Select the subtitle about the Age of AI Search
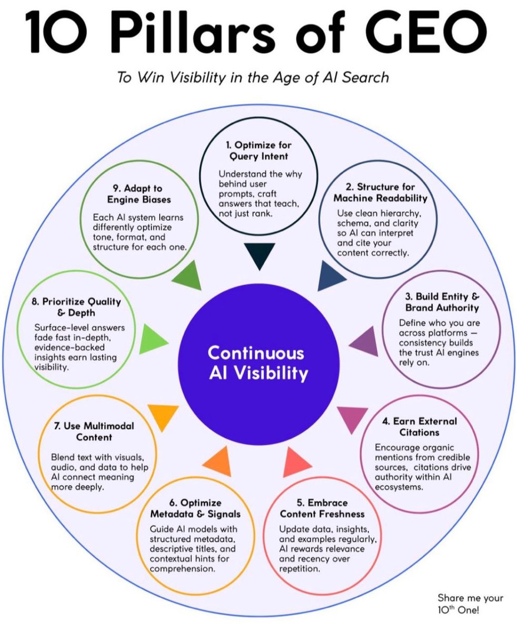tap(254, 77)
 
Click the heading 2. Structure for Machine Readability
tap(380, 193)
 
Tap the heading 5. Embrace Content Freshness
tap(322, 508)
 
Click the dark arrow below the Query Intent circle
tap(258, 256)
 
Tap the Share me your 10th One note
tap(470, 603)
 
